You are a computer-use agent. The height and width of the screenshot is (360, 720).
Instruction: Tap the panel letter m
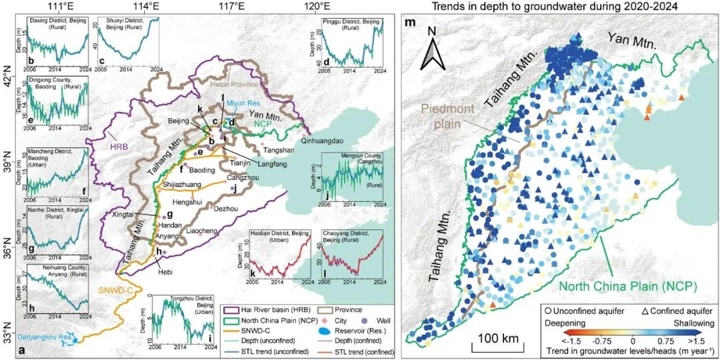(x=410, y=24)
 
